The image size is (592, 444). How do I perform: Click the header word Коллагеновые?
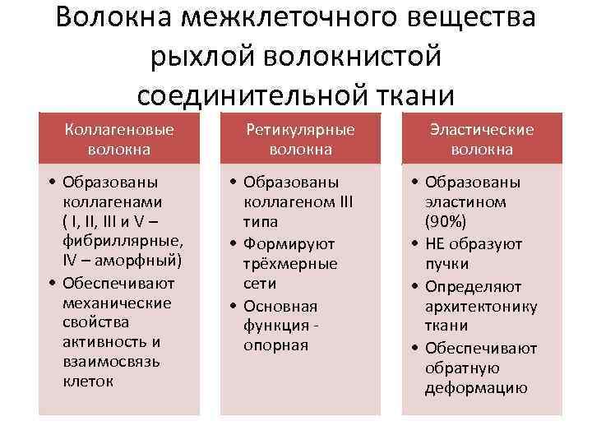tap(119, 129)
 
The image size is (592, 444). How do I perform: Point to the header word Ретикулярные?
tap(301, 129)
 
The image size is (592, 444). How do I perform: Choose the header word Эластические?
tap(482, 129)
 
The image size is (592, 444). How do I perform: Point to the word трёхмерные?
tap(290, 263)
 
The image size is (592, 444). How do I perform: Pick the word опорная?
tap(275, 345)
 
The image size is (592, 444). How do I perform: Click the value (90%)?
tap(444, 222)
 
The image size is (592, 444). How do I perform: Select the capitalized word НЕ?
tap(435, 243)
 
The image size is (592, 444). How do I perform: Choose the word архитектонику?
tap(481, 307)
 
